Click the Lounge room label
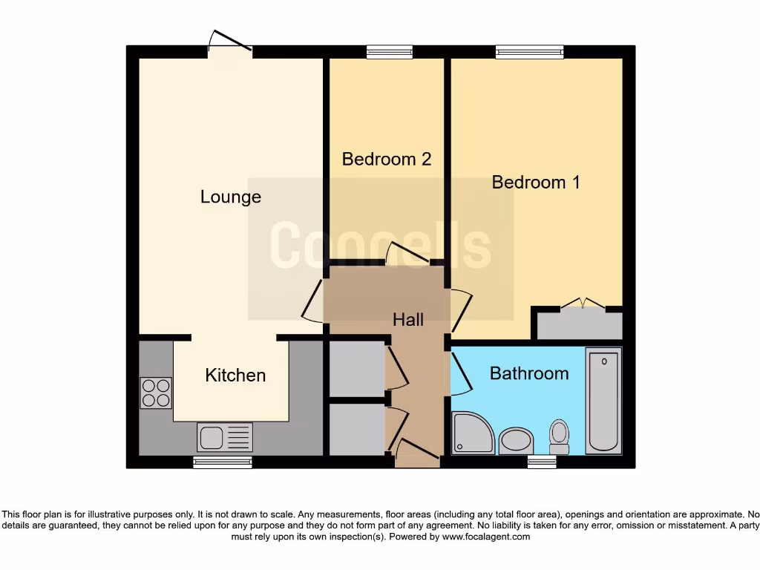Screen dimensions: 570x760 click(231, 197)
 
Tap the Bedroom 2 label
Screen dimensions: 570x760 click(386, 159)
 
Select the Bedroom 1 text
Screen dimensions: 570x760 click(536, 182)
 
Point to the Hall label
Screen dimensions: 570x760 click(408, 319)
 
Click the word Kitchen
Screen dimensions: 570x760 click(235, 375)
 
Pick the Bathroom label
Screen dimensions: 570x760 click(529, 373)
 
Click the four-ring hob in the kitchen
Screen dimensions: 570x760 click(156, 393)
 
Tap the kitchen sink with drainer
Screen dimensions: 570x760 click(225, 437)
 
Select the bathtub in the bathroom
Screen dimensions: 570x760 click(603, 401)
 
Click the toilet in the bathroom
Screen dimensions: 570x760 click(559, 436)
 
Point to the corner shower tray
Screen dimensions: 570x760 click(473, 433)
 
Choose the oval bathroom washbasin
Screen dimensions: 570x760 click(516, 441)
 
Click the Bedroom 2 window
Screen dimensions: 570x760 click(390, 51)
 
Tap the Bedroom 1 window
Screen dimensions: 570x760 click(530, 51)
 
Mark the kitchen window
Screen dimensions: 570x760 click(223, 462)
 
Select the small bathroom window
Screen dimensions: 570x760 click(542, 462)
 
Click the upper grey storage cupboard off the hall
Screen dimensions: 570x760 click(357, 369)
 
